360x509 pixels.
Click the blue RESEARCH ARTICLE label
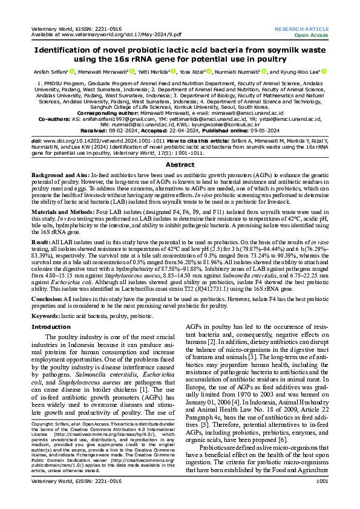[301, 29]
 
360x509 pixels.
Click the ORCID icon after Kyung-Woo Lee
[324, 72]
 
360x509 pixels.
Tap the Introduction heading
[50, 326]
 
